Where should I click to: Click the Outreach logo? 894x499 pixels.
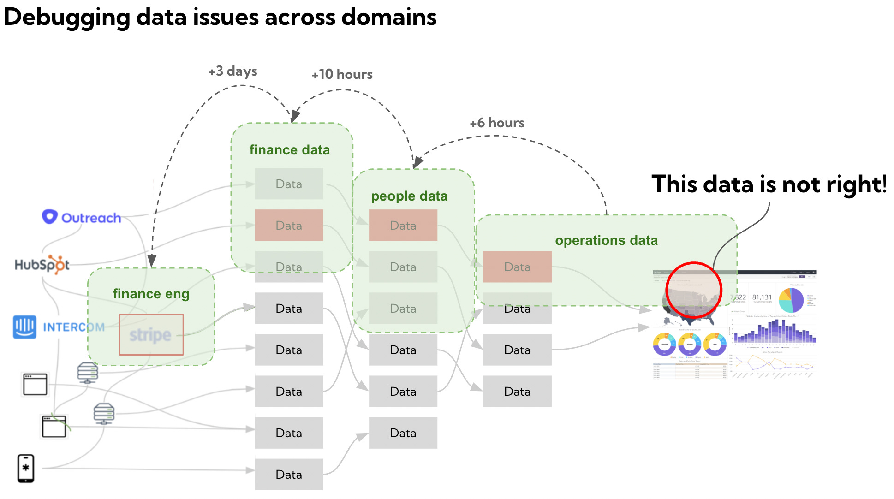82,217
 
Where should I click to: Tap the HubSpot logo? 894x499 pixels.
42,264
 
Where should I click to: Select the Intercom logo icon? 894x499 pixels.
24,327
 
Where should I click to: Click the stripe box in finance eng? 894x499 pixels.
151,335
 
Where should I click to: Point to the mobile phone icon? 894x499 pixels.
26,468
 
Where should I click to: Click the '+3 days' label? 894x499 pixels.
232,71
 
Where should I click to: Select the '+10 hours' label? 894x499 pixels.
342,74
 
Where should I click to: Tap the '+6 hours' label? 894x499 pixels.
497,123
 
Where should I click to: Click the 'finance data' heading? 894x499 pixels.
289,150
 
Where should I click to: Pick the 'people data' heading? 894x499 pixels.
409,196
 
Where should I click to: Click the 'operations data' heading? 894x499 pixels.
606,240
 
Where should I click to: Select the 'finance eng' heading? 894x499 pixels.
151,294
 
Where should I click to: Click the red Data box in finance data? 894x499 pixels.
289,225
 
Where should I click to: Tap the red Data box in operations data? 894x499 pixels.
517,267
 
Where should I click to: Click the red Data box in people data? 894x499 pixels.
403,225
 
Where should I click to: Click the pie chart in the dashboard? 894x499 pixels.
791,300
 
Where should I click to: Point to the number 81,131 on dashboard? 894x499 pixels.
762,297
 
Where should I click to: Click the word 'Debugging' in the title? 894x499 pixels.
67,18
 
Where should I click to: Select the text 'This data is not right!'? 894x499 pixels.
769,184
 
